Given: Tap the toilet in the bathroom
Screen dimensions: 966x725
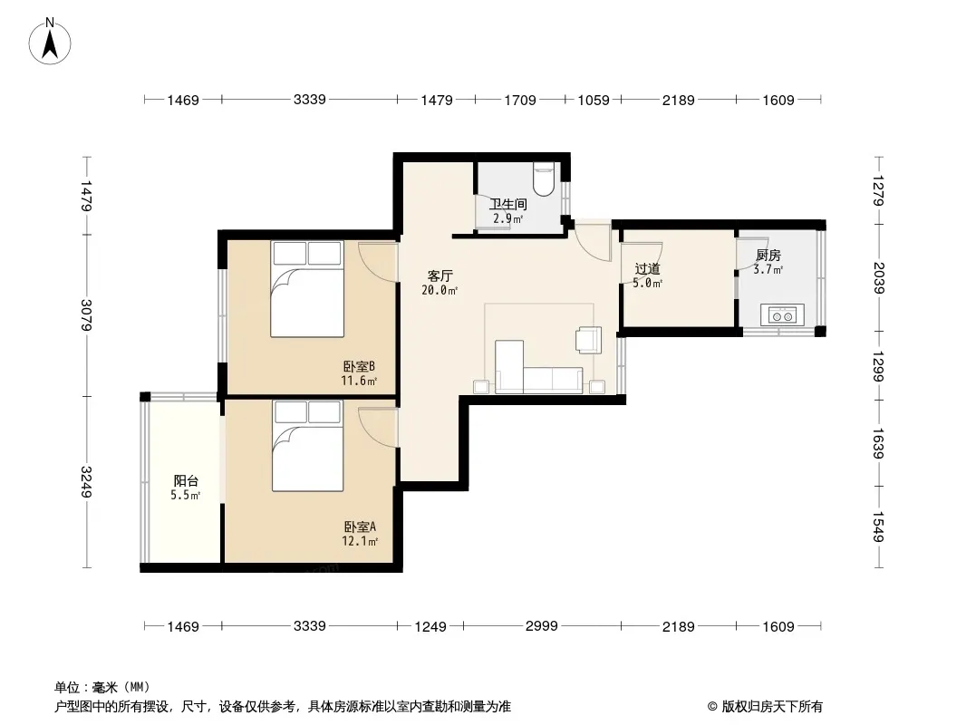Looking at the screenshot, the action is click(x=544, y=178).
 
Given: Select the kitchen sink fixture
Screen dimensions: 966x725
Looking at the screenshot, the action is click(x=782, y=314).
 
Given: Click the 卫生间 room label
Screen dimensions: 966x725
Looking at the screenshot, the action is click(x=508, y=204).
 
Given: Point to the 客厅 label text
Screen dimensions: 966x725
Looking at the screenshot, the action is click(x=440, y=275).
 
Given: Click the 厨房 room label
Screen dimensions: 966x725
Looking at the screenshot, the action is click(x=768, y=255).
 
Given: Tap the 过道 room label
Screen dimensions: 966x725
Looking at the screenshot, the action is click(x=648, y=268).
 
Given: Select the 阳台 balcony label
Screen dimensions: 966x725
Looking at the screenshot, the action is click(x=186, y=481).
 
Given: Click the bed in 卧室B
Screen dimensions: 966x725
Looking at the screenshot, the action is click(x=307, y=289).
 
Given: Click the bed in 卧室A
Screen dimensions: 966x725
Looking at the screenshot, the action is click(x=307, y=445).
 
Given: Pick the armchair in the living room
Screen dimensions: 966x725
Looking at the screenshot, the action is click(x=588, y=340).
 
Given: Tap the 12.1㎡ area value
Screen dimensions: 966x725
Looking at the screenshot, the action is click(x=360, y=541).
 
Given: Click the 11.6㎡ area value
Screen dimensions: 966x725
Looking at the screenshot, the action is click(x=359, y=381).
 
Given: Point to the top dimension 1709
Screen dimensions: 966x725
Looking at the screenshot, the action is click(x=520, y=100).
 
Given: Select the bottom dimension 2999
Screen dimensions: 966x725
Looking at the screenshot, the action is click(x=542, y=626).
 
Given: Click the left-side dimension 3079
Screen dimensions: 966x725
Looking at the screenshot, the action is click(x=87, y=314).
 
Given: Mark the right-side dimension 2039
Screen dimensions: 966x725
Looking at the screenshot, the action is click(x=879, y=278).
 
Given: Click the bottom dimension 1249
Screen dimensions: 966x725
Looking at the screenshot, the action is click(x=430, y=626).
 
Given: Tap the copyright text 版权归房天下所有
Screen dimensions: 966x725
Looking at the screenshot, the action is click(x=773, y=707).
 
